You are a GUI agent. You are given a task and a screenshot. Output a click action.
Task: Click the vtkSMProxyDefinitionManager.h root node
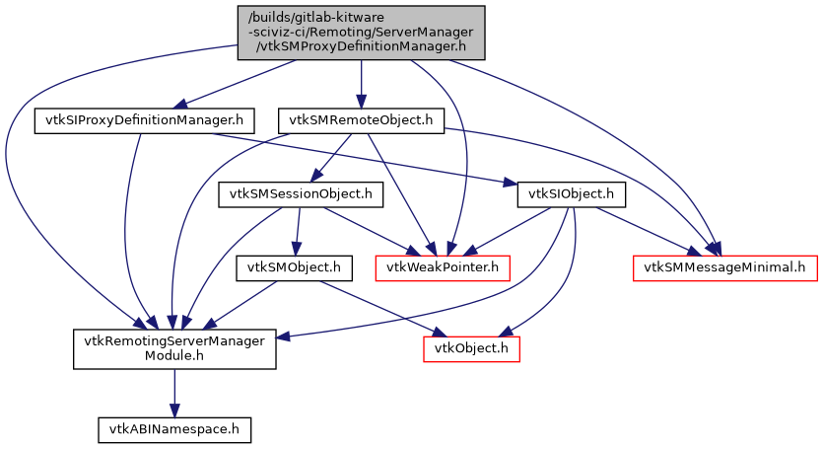point(361,33)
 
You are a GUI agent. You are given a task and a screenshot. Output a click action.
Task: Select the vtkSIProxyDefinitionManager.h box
point(145,120)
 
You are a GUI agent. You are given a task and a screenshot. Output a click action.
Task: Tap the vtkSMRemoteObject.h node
point(361,120)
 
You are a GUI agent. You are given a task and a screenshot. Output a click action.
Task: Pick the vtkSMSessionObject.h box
point(300,193)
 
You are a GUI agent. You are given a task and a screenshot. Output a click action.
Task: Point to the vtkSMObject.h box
point(294,266)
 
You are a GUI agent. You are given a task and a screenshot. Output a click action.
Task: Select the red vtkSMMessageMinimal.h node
point(724,266)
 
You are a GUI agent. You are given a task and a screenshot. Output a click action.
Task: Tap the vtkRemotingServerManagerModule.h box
point(174,347)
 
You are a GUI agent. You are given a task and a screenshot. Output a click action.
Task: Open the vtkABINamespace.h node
point(174,429)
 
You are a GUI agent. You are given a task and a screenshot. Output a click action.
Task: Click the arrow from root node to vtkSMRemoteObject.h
point(361,84)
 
